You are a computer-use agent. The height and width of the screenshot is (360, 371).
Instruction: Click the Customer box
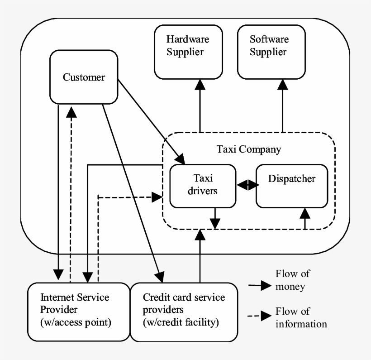pyautogui.click(x=84, y=77)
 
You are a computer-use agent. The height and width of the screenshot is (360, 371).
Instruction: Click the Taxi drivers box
pyautogui.click(x=203, y=185)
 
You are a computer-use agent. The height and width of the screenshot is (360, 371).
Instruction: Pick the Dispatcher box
pyautogui.click(x=291, y=185)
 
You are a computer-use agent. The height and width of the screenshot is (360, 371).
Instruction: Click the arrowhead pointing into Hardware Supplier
pyautogui.click(x=199, y=84)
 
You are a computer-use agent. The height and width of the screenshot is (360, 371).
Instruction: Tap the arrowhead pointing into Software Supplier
pyautogui.click(x=282, y=84)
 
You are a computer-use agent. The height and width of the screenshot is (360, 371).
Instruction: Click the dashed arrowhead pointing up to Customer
pyautogui.click(x=71, y=111)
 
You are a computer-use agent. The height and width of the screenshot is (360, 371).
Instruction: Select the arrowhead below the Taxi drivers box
pyautogui.click(x=215, y=223)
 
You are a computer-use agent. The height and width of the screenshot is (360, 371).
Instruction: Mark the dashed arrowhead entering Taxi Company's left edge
pyautogui.click(x=157, y=197)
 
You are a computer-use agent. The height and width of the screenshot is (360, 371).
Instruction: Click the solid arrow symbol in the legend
pyautogui.click(x=259, y=286)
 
